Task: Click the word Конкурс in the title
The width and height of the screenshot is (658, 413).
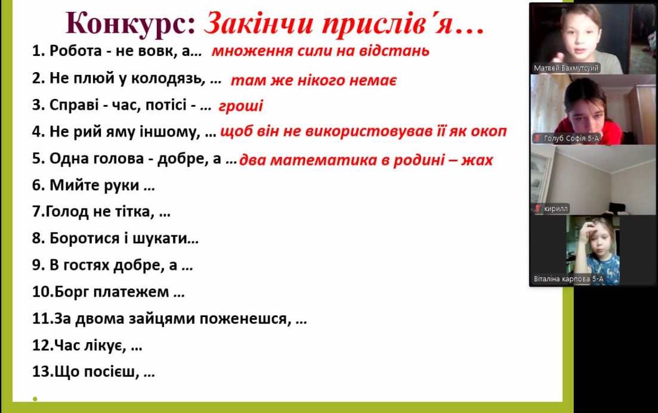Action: [x=130, y=23]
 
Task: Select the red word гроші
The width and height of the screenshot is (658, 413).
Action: [x=240, y=106]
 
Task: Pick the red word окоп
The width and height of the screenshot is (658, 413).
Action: [x=489, y=132]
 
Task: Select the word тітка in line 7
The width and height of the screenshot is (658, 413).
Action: [x=134, y=212]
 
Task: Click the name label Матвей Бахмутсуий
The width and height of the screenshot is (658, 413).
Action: [x=566, y=68]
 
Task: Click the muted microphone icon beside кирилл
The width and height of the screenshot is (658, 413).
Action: [x=537, y=209]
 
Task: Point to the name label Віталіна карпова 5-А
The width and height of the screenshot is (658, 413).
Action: [x=568, y=279]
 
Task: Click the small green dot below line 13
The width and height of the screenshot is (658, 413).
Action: [x=35, y=399]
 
